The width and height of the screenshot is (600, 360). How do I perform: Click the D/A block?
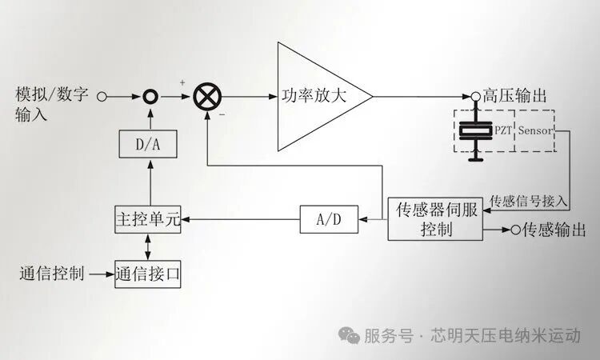146,145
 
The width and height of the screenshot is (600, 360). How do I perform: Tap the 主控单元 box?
147,218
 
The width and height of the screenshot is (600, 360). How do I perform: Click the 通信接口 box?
147,274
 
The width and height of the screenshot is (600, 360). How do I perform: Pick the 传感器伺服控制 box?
435,219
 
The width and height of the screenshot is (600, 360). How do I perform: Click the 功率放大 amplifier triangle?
316,96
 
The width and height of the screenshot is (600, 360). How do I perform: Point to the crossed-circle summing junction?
206,97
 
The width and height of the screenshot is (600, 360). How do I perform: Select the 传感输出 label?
554,230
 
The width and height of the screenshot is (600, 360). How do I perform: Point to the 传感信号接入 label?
529,200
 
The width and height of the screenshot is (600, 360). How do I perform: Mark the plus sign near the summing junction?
182,82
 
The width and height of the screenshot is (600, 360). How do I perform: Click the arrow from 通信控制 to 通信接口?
101,274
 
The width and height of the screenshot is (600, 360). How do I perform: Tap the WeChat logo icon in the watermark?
349,335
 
